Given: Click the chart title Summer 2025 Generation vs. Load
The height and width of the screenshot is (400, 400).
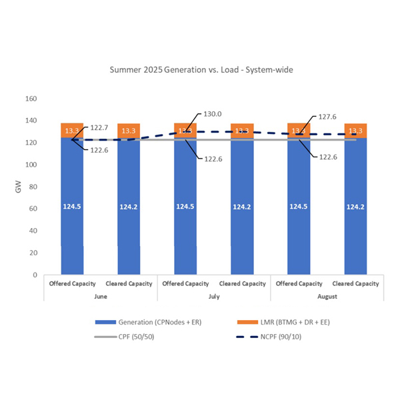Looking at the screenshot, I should [199, 69].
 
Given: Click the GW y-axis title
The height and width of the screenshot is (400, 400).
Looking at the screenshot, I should [18, 187].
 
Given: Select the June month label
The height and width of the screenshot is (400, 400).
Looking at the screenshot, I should [100, 295].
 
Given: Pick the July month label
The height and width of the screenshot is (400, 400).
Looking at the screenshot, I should [213, 295].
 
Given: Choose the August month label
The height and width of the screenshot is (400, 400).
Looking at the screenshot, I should [327, 295].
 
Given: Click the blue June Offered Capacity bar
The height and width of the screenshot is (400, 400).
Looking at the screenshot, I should [72, 207].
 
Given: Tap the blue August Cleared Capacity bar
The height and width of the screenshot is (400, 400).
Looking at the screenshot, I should [355, 207].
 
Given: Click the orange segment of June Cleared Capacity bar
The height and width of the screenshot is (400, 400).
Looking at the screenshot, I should [129, 131].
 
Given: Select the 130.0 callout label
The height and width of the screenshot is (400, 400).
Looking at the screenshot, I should [213, 114].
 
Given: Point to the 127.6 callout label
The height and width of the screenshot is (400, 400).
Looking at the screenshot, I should [326, 117].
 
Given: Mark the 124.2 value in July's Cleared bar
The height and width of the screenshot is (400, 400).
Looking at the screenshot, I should [242, 207].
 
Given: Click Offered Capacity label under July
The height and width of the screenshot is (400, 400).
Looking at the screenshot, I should [185, 283].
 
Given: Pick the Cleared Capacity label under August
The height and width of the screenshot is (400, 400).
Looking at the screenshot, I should [355, 283].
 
